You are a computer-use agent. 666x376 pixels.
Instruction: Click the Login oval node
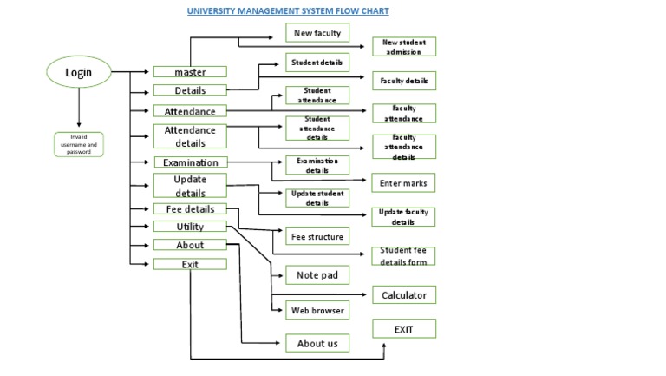(79, 73)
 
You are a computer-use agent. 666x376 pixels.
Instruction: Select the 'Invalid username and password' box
(79, 144)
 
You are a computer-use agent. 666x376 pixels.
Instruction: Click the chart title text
(289, 11)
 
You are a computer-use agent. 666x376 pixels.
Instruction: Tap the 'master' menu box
(190, 72)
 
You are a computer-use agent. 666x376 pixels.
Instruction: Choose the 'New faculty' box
(317, 33)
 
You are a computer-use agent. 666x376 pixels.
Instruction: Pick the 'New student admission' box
(404, 47)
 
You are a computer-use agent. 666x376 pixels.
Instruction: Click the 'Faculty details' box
(404, 81)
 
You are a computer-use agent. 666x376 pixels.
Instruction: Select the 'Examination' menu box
(190, 162)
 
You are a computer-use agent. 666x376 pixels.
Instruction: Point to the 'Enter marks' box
(404, 183)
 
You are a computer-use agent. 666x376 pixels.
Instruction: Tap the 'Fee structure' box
(317, 236)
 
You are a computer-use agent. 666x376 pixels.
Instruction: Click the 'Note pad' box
(317, 275)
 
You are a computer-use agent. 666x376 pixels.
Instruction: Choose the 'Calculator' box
(404, 295)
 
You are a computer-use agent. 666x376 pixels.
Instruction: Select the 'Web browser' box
(317, 310)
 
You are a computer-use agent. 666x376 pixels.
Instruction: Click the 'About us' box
(317, 343)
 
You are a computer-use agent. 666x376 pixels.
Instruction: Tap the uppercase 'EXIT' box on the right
(404, 329)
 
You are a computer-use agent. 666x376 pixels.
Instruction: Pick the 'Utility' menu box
(190, 227)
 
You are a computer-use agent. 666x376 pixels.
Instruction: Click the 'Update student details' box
(317, 197)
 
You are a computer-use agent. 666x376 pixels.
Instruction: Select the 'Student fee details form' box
(404, 256)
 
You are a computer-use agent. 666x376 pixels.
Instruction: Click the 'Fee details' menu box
(190, 209)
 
